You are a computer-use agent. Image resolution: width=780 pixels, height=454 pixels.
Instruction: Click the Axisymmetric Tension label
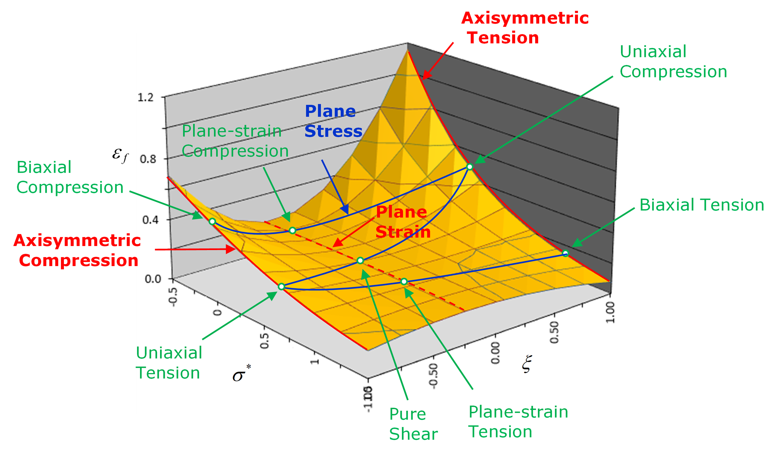525,28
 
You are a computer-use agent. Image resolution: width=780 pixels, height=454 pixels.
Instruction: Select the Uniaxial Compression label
673,62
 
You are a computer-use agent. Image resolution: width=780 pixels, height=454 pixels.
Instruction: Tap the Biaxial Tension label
702,205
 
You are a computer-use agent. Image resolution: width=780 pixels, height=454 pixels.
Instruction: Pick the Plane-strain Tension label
518,422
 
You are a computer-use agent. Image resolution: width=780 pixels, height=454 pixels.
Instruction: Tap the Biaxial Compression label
70,177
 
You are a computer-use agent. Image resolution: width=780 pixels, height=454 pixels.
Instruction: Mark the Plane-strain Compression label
235,141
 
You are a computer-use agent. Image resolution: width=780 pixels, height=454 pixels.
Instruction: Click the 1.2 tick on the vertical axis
146,97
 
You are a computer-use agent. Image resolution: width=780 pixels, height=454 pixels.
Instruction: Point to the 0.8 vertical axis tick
148,159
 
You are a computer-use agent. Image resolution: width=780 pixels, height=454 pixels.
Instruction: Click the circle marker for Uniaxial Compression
470,167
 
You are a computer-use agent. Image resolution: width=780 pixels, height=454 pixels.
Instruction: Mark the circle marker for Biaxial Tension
565,253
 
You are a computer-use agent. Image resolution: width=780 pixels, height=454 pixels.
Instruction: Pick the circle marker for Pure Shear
360,260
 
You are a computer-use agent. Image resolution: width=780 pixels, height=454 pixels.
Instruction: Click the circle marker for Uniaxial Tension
281,286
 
